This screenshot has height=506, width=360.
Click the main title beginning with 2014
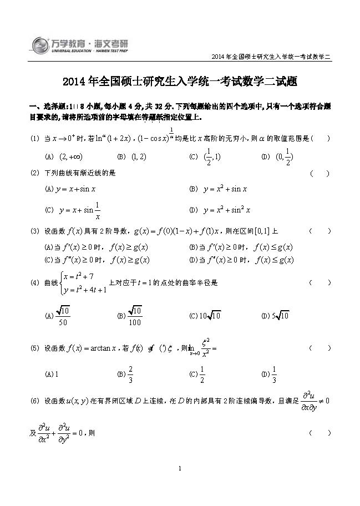point(181,82)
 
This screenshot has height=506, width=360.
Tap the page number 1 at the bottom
point(181,469)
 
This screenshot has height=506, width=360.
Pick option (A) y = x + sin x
point(70,189)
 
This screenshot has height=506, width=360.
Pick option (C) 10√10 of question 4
point(205,316)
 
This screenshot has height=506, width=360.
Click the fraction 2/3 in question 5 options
point(131,373)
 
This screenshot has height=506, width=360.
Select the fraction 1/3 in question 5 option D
point(275,373)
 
